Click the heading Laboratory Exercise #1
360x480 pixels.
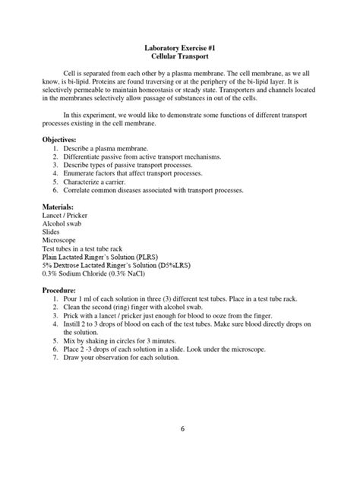(180, 46)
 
